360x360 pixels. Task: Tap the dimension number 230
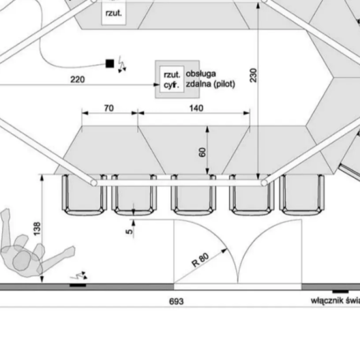pyautogui.click(x=254, y=75)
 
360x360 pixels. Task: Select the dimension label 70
pyautogui.click(x=109, y=108)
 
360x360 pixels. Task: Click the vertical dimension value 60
pyautogui.click(x=202, y=151)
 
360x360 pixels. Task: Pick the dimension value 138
pyautogui.click(x=37, y=228)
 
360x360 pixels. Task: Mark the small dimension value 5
pyautogui.click(x=129, y=230)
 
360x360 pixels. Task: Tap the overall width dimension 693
pyautogui.click(x=176, y=301)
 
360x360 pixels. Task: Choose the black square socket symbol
pyautogui.click(x=110, y=63)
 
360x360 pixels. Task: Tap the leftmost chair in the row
pyautogui.click(x=83, y=194)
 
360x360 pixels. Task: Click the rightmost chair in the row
pyautogui.click(x=303, y=194)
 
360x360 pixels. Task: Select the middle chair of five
pyautogui.click(x=194, y=194)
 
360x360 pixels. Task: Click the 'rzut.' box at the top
pyautogui.click(x=113, y=12)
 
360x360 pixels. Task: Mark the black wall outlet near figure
pyautogui.click(x=78, y=284)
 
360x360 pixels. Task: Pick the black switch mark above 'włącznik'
pyautogui.click(x=340, y=291)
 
